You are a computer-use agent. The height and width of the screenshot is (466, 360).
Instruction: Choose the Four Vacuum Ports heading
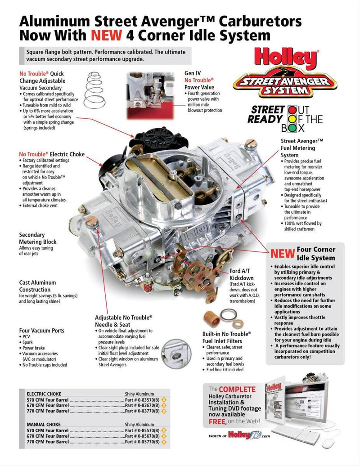click(42, 331)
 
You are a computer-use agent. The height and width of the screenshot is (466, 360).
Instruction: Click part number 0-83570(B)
click(142, 399)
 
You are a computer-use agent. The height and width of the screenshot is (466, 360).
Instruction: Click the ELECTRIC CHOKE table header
click(44, 394)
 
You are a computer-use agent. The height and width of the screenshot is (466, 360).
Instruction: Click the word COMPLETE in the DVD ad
click(237, 389)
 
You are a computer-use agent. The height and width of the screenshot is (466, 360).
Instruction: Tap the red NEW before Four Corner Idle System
click(282, 253)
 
